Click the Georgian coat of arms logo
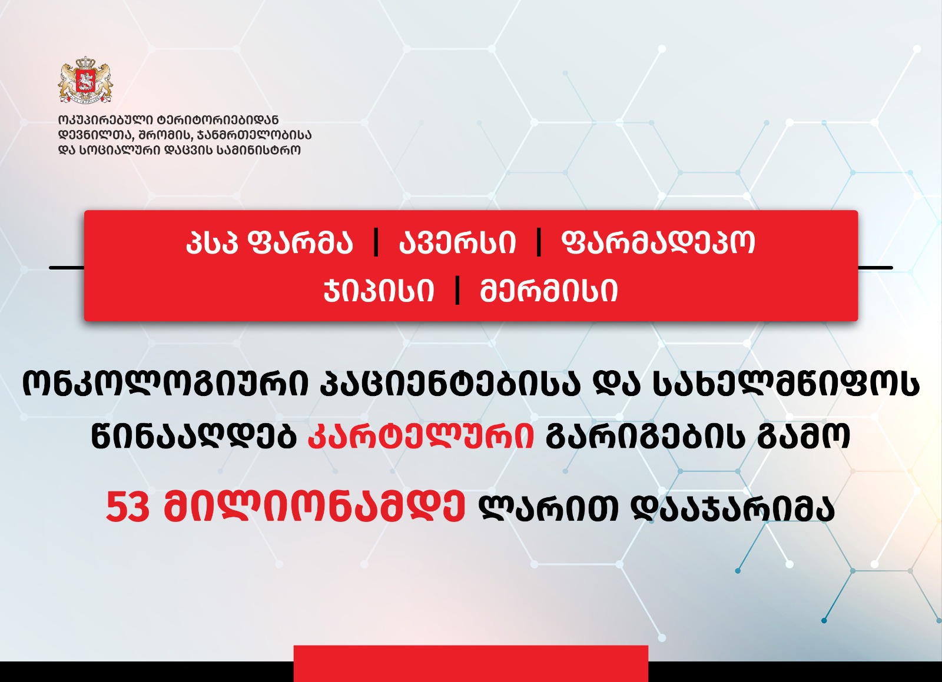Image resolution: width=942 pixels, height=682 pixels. pyautogui.click(x=86, y=80)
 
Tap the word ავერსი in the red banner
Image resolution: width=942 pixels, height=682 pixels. pyautogui.click(x=457, y=243)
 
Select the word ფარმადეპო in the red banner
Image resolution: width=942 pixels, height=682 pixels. pyautogui.click(x=658, y=243)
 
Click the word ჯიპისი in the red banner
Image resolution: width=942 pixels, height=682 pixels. pyautogui.click(x=379, y=290)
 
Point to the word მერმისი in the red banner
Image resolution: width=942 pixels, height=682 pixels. pyautogui.click(x=549, y=290)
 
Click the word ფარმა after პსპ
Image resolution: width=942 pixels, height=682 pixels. pyautogui.click(x=301, y=243)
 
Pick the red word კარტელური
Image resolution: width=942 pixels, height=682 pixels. pyautogui.click(x=421, y=435)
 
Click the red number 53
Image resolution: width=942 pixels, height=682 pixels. pyautogui.click(x=128, y=508)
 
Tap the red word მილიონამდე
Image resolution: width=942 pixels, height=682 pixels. pyautogui.click(x=314, y=508)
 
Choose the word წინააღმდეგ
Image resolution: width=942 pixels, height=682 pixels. pyautogui.click(x=194, y=435)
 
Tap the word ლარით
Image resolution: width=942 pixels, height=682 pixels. pyautogui.click(x=549, y=508)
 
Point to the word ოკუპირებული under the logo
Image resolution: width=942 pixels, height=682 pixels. pyautogui.click(x=107, y=120)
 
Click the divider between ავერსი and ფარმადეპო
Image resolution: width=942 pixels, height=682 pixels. pyautogui.click(x=539, y=243)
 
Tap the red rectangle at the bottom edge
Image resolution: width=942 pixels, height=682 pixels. pyautogui.click(x=471, y=664)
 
